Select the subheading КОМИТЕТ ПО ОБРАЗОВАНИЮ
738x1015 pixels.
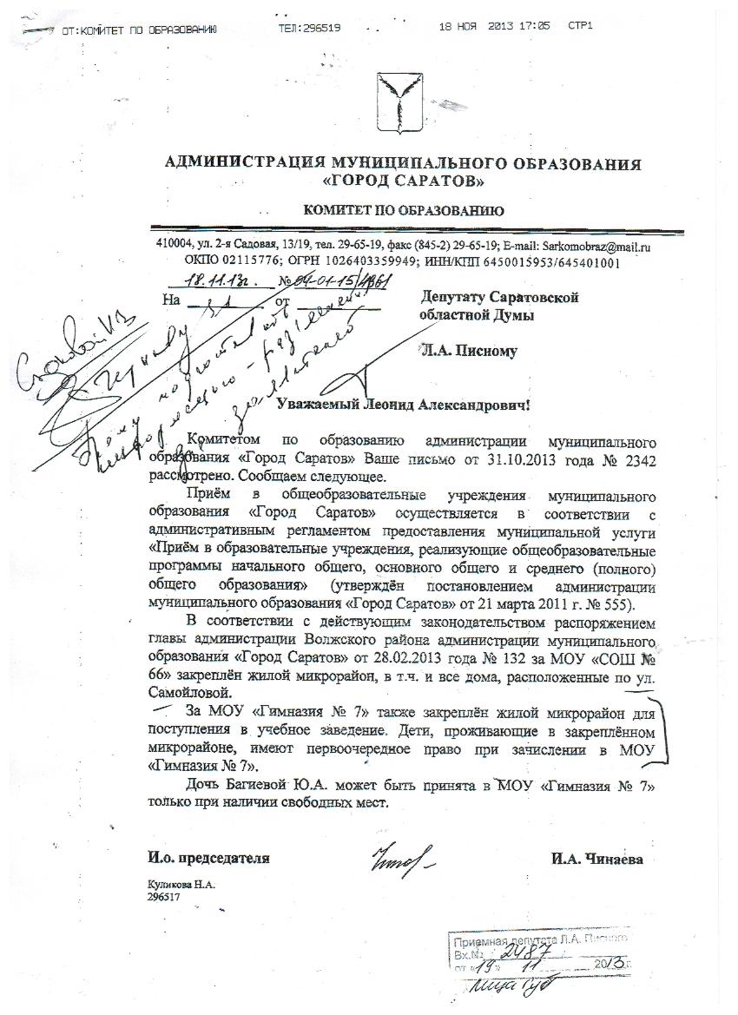tap(403, 211)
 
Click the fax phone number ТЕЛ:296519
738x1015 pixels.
tap(310, 28)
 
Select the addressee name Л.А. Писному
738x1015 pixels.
tap(469, 351)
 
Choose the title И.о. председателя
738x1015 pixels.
tap(209, 859)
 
